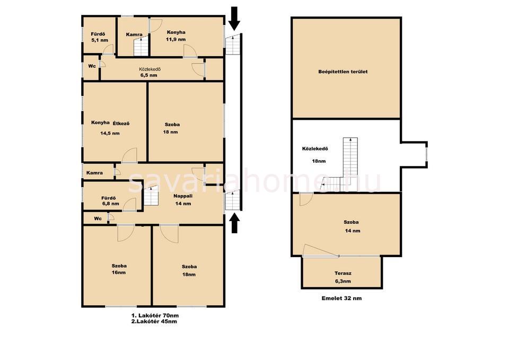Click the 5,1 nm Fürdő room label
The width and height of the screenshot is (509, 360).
pyautogui.click(x=99, y=37)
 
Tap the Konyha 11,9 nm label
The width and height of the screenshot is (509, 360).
pyautogui.click(x=176, y=36)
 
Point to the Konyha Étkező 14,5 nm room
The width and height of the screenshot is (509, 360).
pyautogui.click(x=110, y=128)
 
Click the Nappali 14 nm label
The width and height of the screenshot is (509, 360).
pyautogui.click(x=183, y=200)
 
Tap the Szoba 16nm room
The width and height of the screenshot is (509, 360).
pyautogui.click(x=119, y=269)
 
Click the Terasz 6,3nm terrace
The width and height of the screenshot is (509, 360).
pyautogui.click(x=343, y=277)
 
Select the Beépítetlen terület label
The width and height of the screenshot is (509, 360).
pyautogui.click(x=343, y=72)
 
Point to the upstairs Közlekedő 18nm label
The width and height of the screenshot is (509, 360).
pyautogui.click(x=314, y=155)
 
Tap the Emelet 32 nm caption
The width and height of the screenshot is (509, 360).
pyautogui.click(x=341, y=298)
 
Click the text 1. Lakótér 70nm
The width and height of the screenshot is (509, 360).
pyautogui.click(x=155, y=315)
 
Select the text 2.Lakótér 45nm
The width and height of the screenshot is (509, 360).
pyautogui.click(x=154, y=321)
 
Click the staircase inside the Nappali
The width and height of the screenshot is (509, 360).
pyautogui.click(x=151, y=198)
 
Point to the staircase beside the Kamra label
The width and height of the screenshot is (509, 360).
pyautogui.click(x=141, y=47)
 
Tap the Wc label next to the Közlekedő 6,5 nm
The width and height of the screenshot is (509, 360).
pyautogui.click(x=92, y=66)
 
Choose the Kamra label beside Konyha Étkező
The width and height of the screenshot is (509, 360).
pyautogui.click(x=94, y=173)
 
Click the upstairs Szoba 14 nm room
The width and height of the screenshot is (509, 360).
pyautogui.click(x=346, y=224)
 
